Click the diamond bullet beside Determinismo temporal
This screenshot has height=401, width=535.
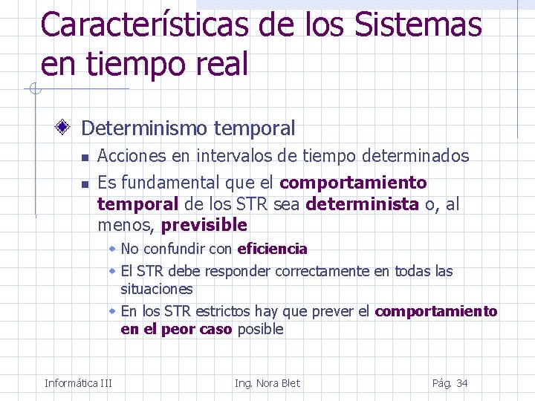click(65, 128)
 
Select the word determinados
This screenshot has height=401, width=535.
click(415, 156)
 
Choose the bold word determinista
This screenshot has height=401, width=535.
click(362, 203)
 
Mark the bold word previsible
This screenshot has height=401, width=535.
click(204, 224)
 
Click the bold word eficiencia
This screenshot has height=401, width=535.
click(272, 249)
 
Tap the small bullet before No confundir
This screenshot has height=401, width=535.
click(112, 249)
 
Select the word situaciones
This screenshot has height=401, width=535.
click(157, 289)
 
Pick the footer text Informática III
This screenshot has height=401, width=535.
click(78, 383)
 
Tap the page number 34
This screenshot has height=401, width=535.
click(461, 383)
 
